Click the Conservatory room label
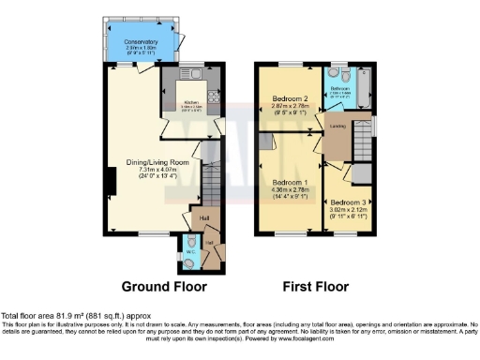coord(140,41)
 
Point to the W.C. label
coord(192,250)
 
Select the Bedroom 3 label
coord(347,202)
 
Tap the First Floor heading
coord(314,287)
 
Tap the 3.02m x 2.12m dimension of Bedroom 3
coord(347,210)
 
